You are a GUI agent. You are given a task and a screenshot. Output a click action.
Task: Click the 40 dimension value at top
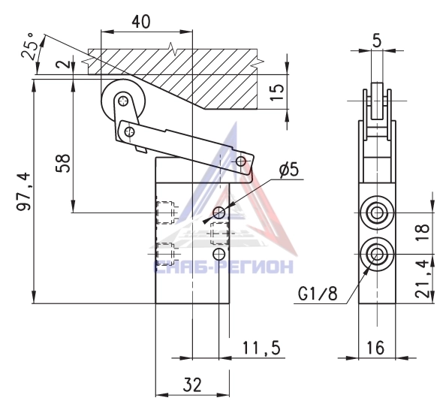pos(141,22)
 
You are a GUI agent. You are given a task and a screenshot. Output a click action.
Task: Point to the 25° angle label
pos(30,46)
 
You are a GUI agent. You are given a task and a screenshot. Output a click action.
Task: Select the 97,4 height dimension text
pos(24,191)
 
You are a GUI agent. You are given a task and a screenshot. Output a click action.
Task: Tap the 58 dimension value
pos(63,163)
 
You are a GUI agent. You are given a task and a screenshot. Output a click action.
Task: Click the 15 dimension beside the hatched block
pos(277,92)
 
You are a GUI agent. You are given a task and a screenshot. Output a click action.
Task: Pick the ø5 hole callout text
pos(289,170)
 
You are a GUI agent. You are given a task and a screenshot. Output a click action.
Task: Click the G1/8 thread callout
pos(318,293)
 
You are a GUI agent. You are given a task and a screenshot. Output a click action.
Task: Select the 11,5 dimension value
pos(261,348)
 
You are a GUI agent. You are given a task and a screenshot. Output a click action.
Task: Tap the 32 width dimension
pos(192,384)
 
